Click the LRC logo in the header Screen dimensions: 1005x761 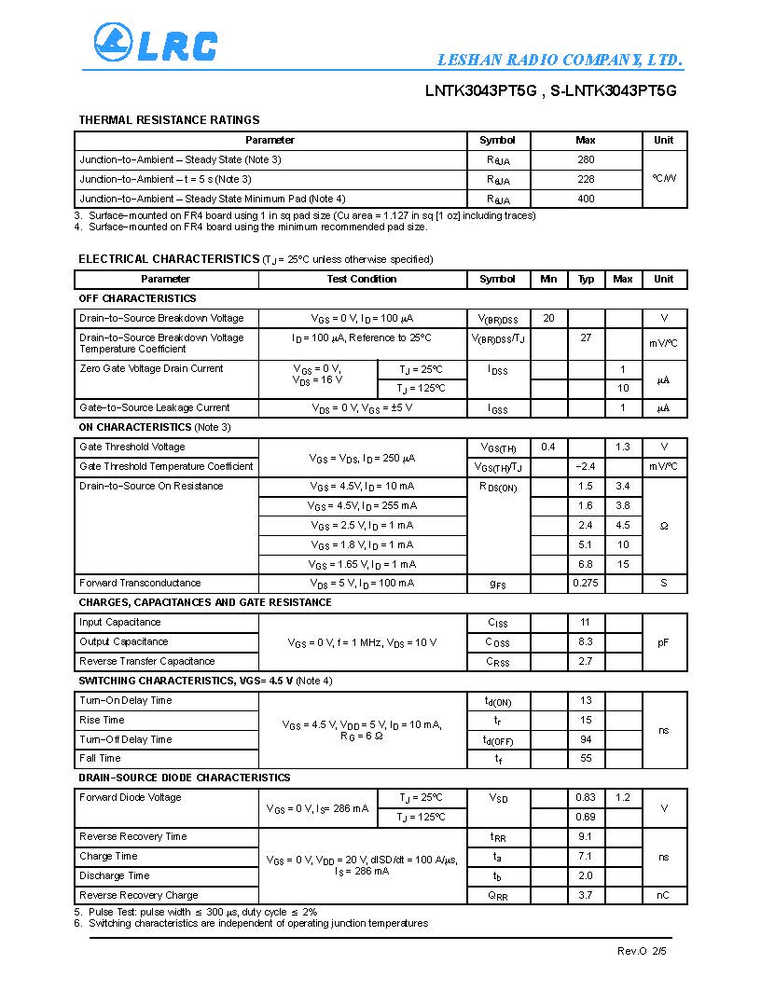pos(155,44)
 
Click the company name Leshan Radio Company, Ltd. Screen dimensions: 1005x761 pos(560,61)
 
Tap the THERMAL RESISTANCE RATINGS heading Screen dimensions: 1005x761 pos(169,120)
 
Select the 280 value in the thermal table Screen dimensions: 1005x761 pos(586,159)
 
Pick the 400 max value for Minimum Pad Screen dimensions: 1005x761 pos(586,199)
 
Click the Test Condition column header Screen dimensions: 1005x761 pos(362,279)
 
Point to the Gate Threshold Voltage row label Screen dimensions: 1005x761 pos(132,447)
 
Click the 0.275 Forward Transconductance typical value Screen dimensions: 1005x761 pos(586,583)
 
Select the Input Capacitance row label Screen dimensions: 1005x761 pos(119,622)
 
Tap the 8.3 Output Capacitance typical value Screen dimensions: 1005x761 pos(586,641)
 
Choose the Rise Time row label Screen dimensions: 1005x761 pos(102,720)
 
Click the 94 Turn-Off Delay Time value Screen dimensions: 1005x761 pos(586,739)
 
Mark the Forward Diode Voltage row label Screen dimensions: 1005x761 pos(131,797)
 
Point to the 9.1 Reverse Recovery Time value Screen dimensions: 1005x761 pos(586,836)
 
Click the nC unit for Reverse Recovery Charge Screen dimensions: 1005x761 pos(664,895)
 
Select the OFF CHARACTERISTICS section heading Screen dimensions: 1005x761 pos(137,298)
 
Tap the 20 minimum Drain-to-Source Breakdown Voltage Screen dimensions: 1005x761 pos(548,318)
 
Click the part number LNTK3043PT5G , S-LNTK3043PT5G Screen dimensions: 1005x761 pos(550,90)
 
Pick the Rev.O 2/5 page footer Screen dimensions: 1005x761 pos(642,951)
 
